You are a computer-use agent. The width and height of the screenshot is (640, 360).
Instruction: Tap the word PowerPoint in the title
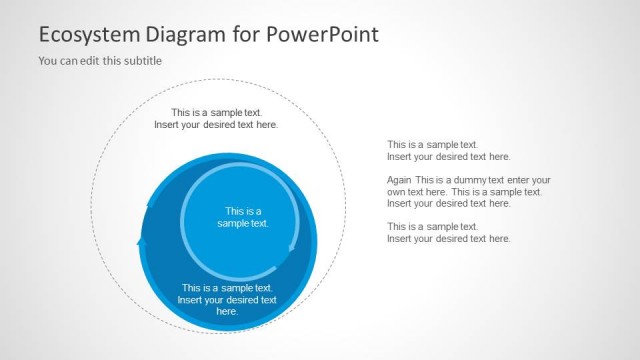[x=322, y=35]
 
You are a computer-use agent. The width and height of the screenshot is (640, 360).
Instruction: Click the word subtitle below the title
[x=141, y=61]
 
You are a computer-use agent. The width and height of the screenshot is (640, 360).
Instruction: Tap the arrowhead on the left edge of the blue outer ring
[x=141, y=240]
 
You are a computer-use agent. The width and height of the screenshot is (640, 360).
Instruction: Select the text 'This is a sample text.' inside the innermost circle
[x=243, y=217]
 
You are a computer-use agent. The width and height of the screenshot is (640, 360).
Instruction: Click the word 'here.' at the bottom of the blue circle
[x=227, y=312]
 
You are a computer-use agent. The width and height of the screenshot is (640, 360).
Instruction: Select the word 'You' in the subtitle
[x=47, y=61]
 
